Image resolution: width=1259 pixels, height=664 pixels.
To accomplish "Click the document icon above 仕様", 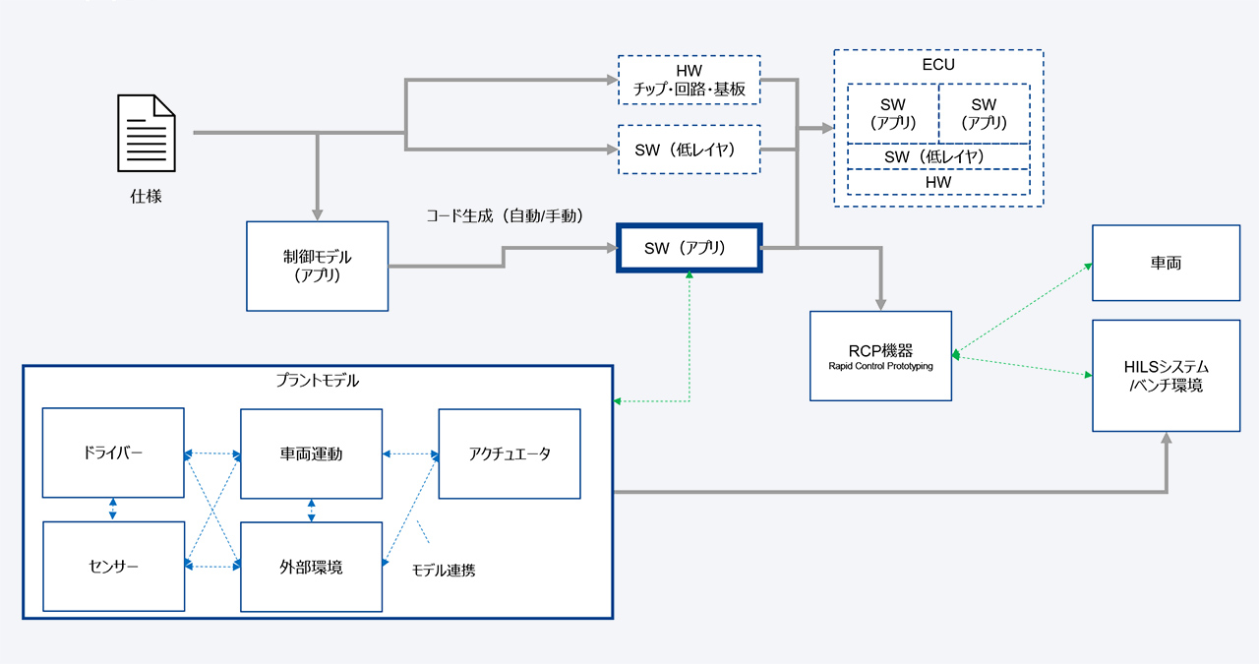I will pyautogui.click(x=147, y=134).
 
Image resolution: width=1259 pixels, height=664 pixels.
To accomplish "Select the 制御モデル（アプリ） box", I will pyautogui.click(x=317, y=266).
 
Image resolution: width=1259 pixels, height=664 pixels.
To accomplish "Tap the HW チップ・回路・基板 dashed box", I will pyautogui.click(x=689, y=81).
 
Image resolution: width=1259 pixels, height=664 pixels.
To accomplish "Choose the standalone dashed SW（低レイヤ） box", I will pyautogui.click(x=689, y=150).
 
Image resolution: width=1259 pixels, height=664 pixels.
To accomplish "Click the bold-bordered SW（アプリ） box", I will pyautogui.click(x=689, y=249).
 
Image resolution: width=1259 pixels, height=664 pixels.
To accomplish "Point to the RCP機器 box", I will pyautogui.click(x=880, y=355).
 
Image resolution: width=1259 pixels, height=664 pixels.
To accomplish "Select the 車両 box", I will pyautogui.click(x=1166, y=263).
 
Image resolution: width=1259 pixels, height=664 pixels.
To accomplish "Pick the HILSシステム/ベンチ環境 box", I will pyautogui.click(x=1166, y=375).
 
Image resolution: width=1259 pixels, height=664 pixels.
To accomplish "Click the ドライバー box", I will pyautogui.click(x=113, y=453).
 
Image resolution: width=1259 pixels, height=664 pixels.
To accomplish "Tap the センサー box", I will pyautogui.click(x=113, y=566).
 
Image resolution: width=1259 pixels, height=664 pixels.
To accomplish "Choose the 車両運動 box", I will pyautogui.click(x=311, y=453).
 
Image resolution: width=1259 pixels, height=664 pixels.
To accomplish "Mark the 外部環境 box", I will pyautogui.click(x=311, y=567).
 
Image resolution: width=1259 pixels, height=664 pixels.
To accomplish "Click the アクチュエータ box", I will pyautogui.click(x=509, y=453).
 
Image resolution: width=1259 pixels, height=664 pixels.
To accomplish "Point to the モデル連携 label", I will pyautogui.click(x=443, y=570).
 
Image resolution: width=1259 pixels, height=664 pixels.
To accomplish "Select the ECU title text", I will pyautogui.click(x=938, y=65).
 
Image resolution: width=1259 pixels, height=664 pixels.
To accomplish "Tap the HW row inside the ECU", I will pyautogui.click(x=938, y=182).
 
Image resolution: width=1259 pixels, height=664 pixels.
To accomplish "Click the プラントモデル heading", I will pyautogui.click(x=317, y=380).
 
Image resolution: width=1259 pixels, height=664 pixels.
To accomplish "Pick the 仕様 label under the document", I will pyautogui.click(x=146, y=196).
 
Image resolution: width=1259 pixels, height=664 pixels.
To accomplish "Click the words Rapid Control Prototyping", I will pyautogui.click(x=880, y=366).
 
